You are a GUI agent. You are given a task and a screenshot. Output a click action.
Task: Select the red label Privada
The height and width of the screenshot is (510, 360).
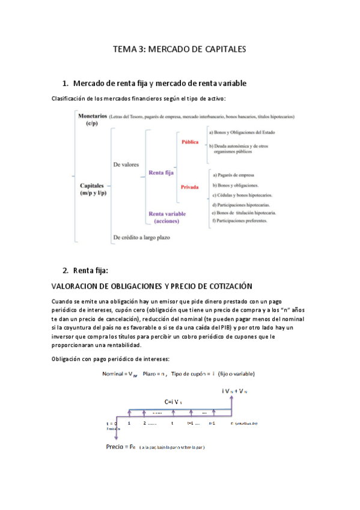coord(190,187)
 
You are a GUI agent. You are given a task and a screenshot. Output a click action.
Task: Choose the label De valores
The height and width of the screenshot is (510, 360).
coord(126,164)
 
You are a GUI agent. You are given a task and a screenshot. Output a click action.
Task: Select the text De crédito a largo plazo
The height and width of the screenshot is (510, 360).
coord(141,237)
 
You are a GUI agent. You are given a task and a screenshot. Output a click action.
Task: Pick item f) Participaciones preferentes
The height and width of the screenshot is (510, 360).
coord(243,223)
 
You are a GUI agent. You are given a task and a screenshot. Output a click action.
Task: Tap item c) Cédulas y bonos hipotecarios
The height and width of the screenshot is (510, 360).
coord(242,195)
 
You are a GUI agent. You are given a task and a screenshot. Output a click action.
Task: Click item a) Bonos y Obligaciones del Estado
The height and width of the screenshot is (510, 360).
coord(246,131)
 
